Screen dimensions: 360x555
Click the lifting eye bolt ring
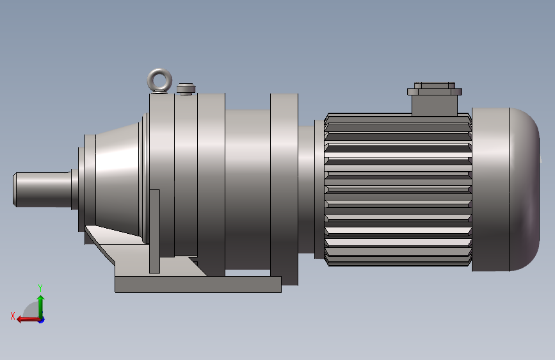(x=159, y=80)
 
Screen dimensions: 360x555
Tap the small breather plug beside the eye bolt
(x=186, y=88)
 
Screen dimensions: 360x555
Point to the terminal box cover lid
(x=435, y=86)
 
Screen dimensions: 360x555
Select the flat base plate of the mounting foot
(x=198, y=284)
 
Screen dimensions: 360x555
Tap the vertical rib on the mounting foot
(x=154, y=231)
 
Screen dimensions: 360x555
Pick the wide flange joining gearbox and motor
(x=284, y=189)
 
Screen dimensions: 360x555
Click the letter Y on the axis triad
(x=40, y=288)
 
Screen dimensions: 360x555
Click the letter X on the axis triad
(x=13, y=316)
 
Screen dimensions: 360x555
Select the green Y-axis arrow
(x=40, y=304)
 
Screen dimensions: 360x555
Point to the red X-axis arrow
(x=26, y=318)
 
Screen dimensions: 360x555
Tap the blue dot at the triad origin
(x=41, y=319)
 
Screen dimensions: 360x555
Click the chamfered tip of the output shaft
(x=16, y=189)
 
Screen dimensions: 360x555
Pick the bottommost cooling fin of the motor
(x=398, y=261)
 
